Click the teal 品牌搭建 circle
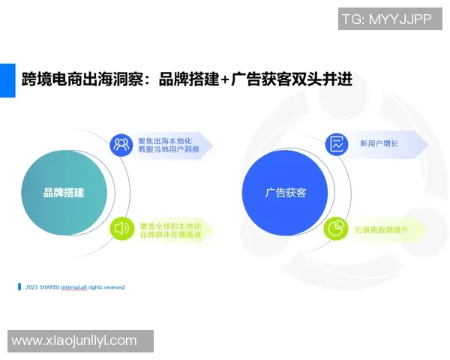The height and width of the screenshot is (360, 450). (63, 193)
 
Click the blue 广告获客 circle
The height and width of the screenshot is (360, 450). (286, 193)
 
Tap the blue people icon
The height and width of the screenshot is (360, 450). (121, 145)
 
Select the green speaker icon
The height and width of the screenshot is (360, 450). (121, 229)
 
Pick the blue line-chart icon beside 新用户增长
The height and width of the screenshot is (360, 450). (337, 144)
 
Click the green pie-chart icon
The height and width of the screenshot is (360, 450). (337, 229)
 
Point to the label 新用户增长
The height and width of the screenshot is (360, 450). (379, 144)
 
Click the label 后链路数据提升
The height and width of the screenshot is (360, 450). (382, 229)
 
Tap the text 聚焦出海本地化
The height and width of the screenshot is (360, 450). (166, 140)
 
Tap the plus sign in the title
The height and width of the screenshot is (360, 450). (223, 79)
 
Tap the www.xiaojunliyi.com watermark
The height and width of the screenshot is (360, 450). (75, 341)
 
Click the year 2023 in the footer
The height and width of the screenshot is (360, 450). (31, 287)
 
